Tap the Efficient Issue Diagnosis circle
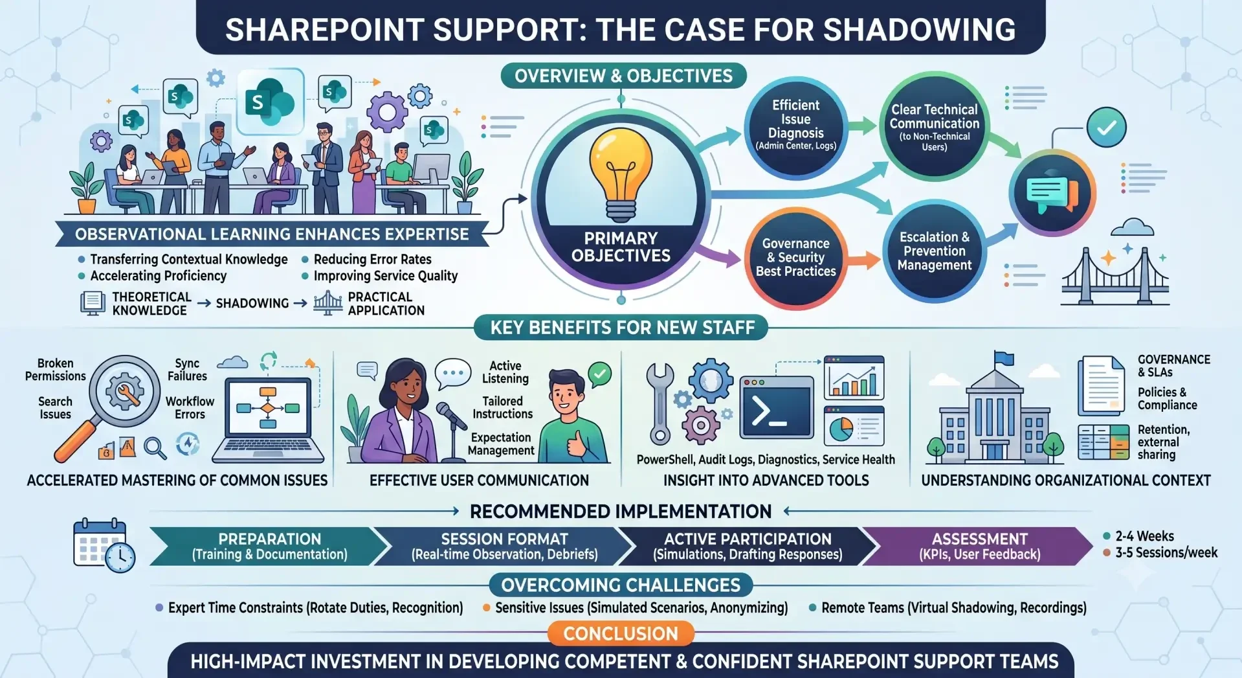[795, 126]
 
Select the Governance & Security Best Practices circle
[795, 258]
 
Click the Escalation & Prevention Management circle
[934, 251]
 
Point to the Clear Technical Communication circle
[934, 127]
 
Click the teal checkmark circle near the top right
[1106, 127]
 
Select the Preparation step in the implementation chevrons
[269, 547]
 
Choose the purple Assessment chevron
[979, 547]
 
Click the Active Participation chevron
[748, 547]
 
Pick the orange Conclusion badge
[621, 633]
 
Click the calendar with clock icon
[104, 545]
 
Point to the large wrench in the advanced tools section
[660, 403]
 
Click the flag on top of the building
[1003, 358]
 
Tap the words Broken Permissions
[55, 370]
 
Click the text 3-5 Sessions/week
[1166, 552]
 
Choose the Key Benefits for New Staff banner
[621, 328]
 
